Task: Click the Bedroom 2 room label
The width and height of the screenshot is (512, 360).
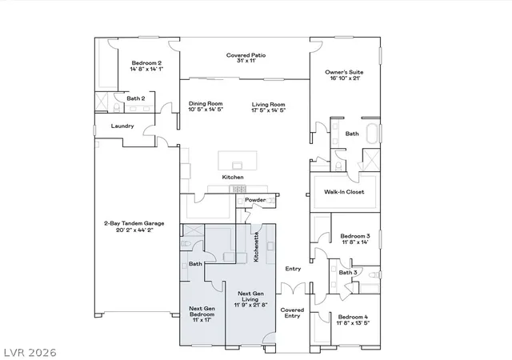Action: tap(146, 63)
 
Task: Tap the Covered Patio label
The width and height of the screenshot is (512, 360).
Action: tap(246, 55)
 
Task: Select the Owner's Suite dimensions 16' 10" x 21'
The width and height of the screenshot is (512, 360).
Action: tap(345, 78)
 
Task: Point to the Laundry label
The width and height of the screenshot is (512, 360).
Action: tap(122, 126)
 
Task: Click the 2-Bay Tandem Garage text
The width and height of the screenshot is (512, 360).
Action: tap(134, 223)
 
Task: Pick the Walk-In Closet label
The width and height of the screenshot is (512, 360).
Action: tap(344, 192)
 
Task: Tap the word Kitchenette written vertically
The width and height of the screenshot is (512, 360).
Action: tap(256, 246)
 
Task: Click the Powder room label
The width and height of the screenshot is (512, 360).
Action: tap(255, 200)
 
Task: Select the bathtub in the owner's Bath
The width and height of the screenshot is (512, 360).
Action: tap(372, 134)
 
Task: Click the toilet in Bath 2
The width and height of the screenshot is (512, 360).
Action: tap(117, 107)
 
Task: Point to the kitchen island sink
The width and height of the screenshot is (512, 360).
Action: tap(238, 166)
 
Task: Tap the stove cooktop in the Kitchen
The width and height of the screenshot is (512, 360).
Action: tap(238, 189)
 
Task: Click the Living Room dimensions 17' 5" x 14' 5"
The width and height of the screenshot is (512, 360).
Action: tap(269, 110)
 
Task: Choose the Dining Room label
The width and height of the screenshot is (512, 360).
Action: tap(206, 103)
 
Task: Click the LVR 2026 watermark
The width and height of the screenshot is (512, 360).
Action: tap(30, 353)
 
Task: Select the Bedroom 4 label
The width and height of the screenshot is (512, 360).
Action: tap(353, 317)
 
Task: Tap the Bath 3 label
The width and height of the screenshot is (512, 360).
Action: tap(348, 273)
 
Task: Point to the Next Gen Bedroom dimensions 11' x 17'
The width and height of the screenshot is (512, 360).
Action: tap(202, 320)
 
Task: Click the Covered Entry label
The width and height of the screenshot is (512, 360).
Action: tap(292, 313)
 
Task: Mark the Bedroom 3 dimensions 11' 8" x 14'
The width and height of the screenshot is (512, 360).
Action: tap(355, 242)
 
